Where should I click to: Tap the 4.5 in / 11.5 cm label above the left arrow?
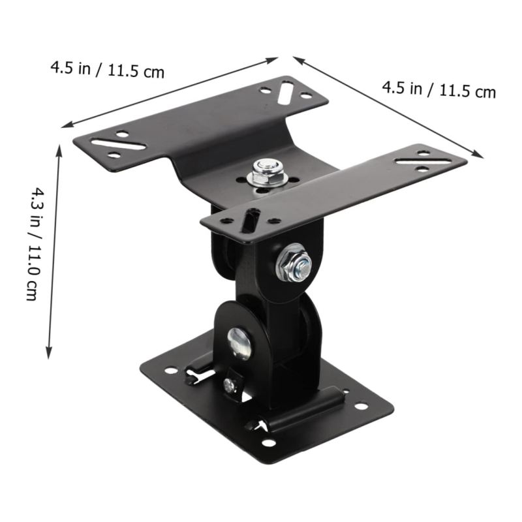click(108, 69)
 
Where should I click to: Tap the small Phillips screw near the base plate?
click(229, 385)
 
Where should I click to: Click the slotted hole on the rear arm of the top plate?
click(286, 91)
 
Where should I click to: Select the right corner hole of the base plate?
click(360, 407)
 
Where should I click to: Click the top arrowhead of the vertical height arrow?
click(60, 149)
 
